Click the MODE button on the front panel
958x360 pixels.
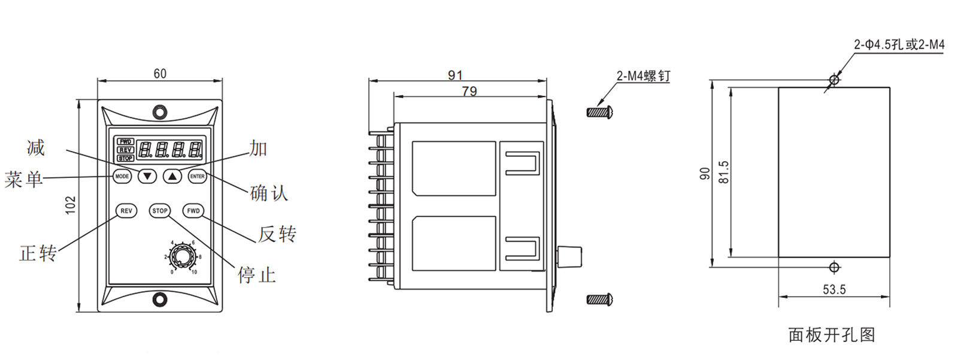tap(122, 176)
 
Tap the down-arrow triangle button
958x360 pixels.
tap(147, 176)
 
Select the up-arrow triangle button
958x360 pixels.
tap(172, 176)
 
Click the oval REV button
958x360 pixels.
tap(126, 211)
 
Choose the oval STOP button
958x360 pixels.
tap(160, 211)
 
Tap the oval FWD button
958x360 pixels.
tap(193, 211)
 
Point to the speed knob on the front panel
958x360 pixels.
tap(182, 257)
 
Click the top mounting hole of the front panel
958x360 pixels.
tap(160, 112)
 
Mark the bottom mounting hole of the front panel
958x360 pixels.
tap(160, 299)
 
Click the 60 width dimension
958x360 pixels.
tap(160, 74)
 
